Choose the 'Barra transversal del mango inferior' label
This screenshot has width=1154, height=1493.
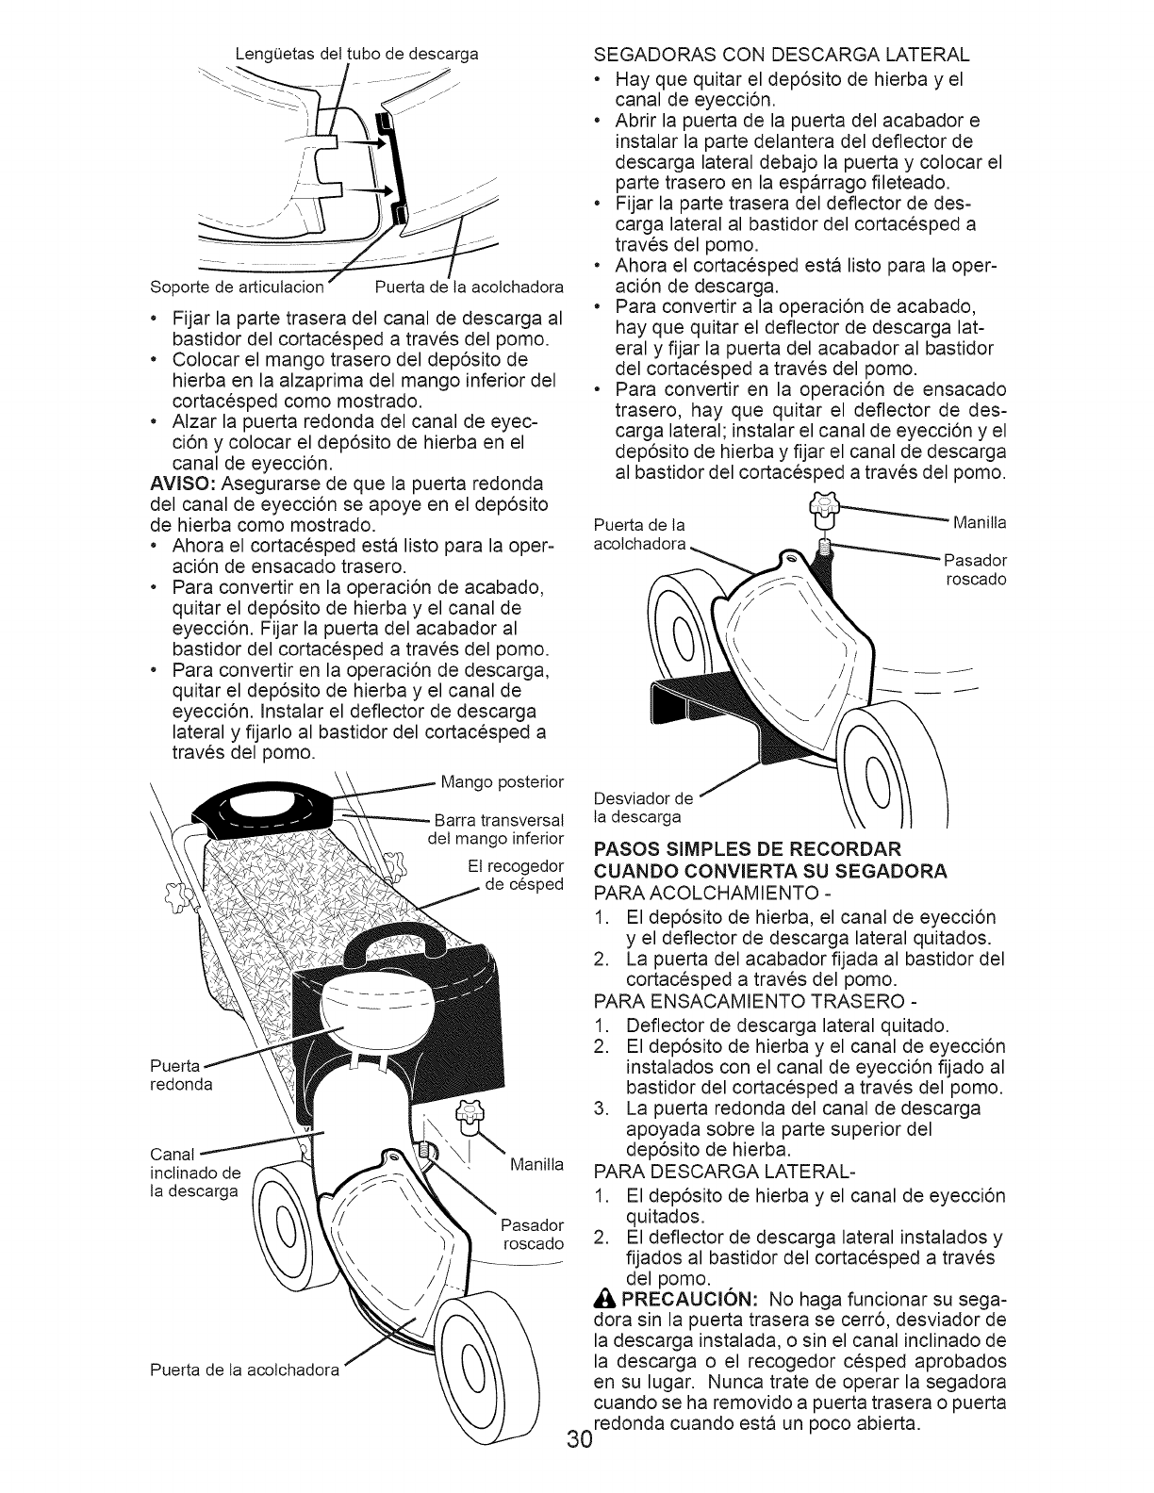pyautogui.click(x=497, y=829)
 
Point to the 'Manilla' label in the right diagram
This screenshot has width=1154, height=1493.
pyautogui.click(x=981, y=521)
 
